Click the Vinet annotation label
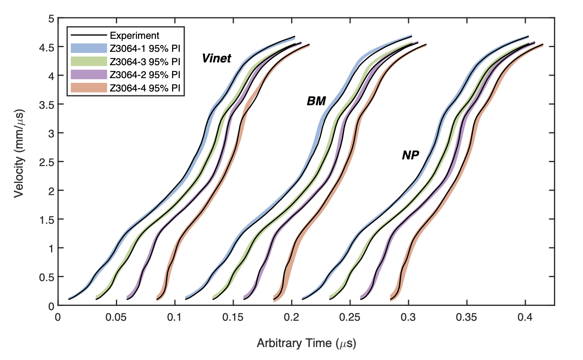[216, 58]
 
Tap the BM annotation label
[316, 101]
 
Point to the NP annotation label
[411, 155]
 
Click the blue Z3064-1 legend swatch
[89, 48]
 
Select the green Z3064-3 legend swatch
[89, 62]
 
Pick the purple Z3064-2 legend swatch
[89, 75]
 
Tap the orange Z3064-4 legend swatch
[89, 88]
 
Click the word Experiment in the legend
[134, 36]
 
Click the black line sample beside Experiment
[89, 35]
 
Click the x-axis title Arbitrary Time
[306, 344]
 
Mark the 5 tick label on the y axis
[51, 18]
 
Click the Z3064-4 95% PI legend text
[145, 88]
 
